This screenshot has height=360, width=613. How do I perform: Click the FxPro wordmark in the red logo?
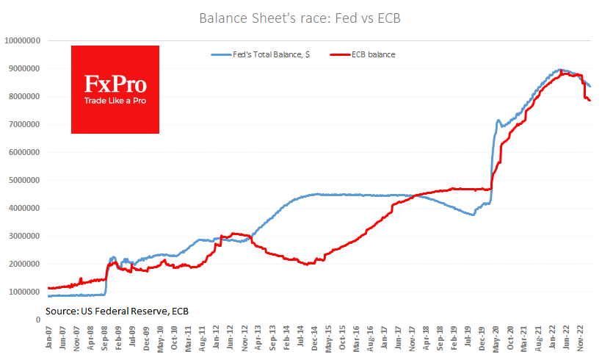(115, 83)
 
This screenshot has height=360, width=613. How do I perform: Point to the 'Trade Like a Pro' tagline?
(115, 100)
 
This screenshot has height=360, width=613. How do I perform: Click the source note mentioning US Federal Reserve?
(117, 312)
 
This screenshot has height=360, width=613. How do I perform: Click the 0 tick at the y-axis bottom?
(37, 320)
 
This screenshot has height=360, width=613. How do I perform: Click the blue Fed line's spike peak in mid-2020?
(498, 120)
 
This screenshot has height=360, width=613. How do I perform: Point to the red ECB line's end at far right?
(590, 101)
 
